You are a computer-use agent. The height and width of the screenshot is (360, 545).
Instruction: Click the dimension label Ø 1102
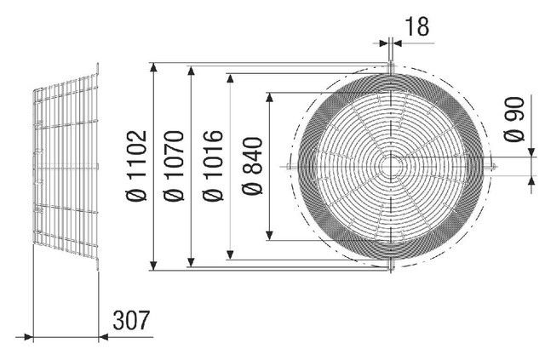[136, 166]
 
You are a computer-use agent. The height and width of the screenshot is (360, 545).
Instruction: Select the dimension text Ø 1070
[174, 166]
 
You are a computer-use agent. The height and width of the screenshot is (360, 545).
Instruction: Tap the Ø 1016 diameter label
[212, 166]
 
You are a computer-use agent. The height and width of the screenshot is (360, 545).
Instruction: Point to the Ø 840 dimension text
[252, 166]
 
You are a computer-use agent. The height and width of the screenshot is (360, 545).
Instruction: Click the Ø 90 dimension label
[514, 119]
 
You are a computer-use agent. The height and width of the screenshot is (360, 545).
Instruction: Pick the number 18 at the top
[417, 26]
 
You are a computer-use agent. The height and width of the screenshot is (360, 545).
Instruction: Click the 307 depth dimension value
[131, 320]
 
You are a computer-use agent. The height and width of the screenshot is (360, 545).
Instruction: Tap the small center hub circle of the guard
[391, 167]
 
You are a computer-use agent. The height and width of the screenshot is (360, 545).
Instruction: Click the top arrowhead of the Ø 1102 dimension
[153, 67]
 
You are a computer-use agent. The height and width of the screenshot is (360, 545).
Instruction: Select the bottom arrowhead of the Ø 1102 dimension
[153, 266]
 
